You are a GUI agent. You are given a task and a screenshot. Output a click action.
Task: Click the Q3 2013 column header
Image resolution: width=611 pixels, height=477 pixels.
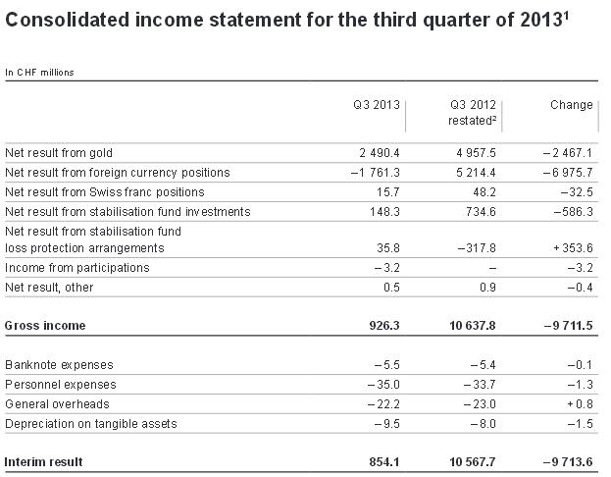tap(378, 105)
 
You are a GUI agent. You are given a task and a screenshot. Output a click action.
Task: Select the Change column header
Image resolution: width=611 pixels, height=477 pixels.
tap(572, 105)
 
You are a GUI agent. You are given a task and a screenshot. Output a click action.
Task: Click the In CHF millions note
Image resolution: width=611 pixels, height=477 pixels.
tap(39, 72)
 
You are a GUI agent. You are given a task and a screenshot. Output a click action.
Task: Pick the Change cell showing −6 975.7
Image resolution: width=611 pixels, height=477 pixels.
tap(567, 173)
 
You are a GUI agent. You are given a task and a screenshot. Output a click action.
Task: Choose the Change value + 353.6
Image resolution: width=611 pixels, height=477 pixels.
tap(570, 249)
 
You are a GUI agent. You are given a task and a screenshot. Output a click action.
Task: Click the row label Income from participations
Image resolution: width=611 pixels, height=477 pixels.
tap(77, 268)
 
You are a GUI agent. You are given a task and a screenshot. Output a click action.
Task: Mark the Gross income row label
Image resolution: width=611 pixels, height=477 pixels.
tap(45, 325)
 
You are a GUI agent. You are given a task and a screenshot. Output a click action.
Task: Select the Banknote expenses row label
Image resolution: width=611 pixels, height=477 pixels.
tap(59, 365)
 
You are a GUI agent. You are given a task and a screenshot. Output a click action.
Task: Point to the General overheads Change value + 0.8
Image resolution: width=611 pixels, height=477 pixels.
tap(578, 404)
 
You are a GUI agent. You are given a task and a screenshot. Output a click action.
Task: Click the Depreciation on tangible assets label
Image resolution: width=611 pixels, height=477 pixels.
tap(93, 424)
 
